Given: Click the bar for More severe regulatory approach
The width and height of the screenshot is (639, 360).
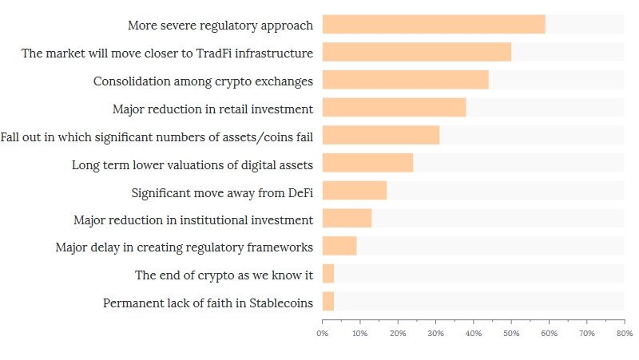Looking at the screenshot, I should click(x=434, y=24).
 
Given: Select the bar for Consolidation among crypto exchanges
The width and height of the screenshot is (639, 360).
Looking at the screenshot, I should click(x=405, y=80).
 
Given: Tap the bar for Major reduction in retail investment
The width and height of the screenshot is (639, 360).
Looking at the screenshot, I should click(x=394, y=108).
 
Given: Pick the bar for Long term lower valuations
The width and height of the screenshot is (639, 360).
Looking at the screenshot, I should click(x=367, y=163).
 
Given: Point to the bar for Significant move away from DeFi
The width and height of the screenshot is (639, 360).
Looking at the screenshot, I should click(x=354, y=191).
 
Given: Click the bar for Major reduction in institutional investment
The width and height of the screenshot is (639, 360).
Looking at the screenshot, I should click(x=347, y=219).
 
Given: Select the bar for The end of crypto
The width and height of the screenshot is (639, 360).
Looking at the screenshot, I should click(x=328, y=275).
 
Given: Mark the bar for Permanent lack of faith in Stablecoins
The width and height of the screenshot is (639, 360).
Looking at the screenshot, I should click(x=328, y=302).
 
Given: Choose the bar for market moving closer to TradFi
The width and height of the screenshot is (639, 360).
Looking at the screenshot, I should click(x=416, y=52).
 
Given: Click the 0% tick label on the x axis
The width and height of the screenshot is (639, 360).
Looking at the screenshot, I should click(x=323, y=333).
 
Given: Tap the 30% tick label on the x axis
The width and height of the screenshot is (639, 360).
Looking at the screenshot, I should click(x=436, y=333).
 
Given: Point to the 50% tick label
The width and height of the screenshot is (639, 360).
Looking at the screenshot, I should click(x=511, y=333).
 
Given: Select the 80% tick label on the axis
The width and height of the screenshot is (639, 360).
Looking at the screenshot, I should click(x=625, y=333).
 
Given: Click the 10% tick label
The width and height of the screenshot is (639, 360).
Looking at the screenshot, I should click(x=360, y=333).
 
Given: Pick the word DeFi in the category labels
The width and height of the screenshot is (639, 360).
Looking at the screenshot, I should click(x=296, y=192).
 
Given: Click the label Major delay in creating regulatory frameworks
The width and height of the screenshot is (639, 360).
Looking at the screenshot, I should click(x=184, y=247).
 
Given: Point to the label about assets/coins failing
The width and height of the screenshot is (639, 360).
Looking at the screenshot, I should click(x=157, y=136).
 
